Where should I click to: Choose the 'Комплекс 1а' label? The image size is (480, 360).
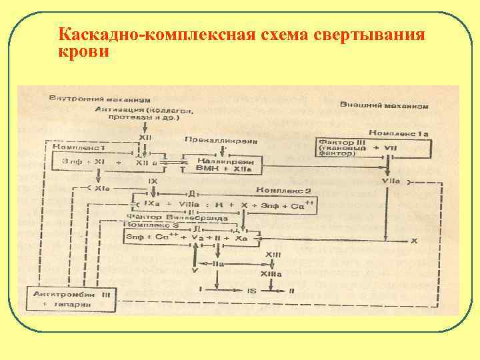click(399, 133)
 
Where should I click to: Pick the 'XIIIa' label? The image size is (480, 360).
click(271, 274)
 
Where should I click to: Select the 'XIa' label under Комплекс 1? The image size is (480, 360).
click(102, 189)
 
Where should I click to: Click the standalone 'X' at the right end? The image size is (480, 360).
click(414, 240)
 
